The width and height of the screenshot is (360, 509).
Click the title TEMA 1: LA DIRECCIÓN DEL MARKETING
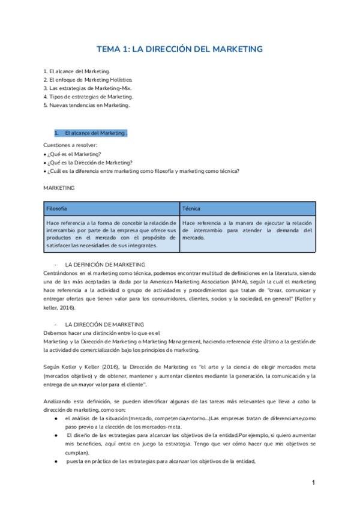pyautogui.click(x=180, y=49)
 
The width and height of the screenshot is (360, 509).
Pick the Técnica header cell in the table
pyautogui.click(x=192, y=208)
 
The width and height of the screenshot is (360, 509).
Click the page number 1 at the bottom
pyautogui.click(x=313, y=483)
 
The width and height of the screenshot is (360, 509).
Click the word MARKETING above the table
pyautogui.click(x=59, y=188)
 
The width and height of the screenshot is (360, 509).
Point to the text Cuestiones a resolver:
pyautogui.click(x=70, y=145)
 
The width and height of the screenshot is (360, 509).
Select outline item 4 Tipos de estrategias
pyautogui.click(x=89, y=96)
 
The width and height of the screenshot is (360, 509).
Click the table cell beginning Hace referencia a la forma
pyautogui.click(x=111, y=233)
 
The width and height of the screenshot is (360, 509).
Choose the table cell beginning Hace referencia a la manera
pyautogui.click(x=247, y=229)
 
